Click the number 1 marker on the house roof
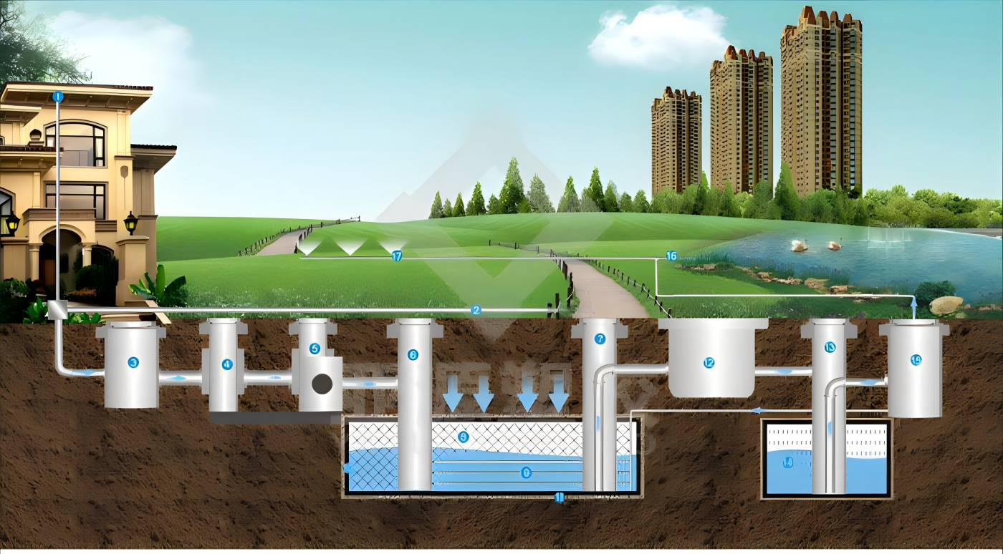[58, 96]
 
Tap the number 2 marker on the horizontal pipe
[476, 310]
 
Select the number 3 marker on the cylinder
[133, 363]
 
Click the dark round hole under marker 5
[322, 384]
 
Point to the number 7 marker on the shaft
[600, 339]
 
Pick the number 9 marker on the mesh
[463, 436]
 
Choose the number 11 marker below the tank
[560, 497]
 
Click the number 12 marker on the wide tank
[709, 363]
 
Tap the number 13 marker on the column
[830, 347]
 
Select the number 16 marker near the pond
[671, 256]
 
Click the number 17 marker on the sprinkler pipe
[397, 256]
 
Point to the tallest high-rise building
[820, 100]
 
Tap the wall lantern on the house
[130, 223]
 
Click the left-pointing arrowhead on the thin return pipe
[757, 410]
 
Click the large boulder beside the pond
[946, 306]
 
